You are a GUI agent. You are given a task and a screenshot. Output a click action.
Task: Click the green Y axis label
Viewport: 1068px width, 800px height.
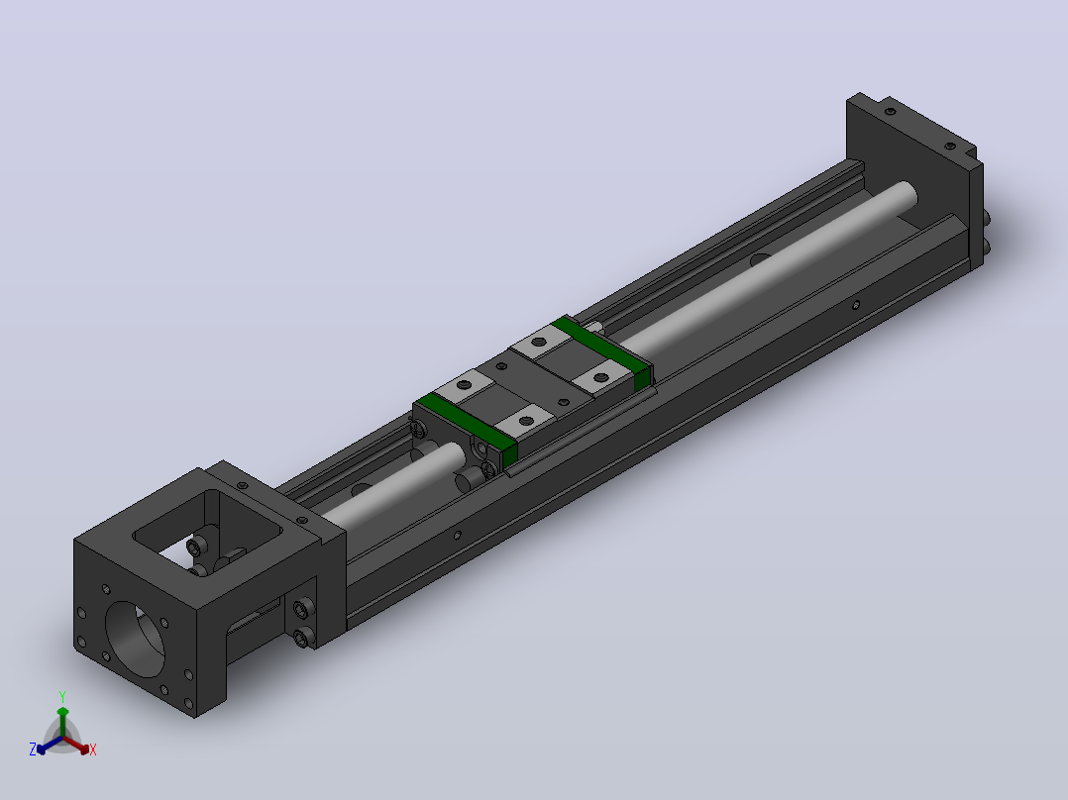point(62,697)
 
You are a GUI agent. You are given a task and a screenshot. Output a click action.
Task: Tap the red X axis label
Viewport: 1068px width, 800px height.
point(93,750)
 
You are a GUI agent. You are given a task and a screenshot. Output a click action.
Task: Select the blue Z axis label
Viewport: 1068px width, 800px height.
point(32,750)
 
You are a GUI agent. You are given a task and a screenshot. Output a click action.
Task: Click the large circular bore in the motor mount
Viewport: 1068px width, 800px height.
point(136,640)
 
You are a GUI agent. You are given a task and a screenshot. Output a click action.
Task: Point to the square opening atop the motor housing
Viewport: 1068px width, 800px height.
point(208,528)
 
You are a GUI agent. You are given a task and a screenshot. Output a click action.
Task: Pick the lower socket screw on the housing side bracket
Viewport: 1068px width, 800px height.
point(302,638)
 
